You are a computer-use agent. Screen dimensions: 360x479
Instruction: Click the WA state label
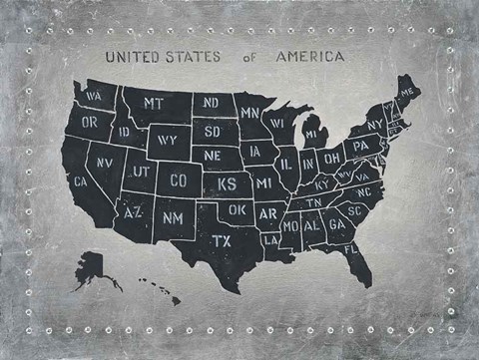coord(95,96)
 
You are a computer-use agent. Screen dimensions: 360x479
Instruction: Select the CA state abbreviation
coord(81,181)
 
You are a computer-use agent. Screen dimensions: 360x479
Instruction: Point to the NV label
coord(104,161)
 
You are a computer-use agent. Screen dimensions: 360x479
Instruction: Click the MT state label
coord(153,103)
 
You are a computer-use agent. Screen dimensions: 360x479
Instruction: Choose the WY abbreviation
coord(167,140)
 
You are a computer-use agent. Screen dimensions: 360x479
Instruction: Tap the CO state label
coord(179,180)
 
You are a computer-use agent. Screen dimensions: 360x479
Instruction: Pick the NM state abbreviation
coord(172,217)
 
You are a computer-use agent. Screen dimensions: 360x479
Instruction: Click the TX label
coord(222,240)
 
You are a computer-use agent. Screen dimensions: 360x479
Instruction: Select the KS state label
coord(228,184)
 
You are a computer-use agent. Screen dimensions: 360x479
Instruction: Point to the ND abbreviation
coord(212,103)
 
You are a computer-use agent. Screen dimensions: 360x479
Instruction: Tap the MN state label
coord(249,112)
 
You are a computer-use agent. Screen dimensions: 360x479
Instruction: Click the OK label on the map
coord(237,210)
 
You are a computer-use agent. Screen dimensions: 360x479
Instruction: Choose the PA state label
coord(362,147)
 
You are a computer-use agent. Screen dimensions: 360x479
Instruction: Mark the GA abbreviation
coord(336,225)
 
